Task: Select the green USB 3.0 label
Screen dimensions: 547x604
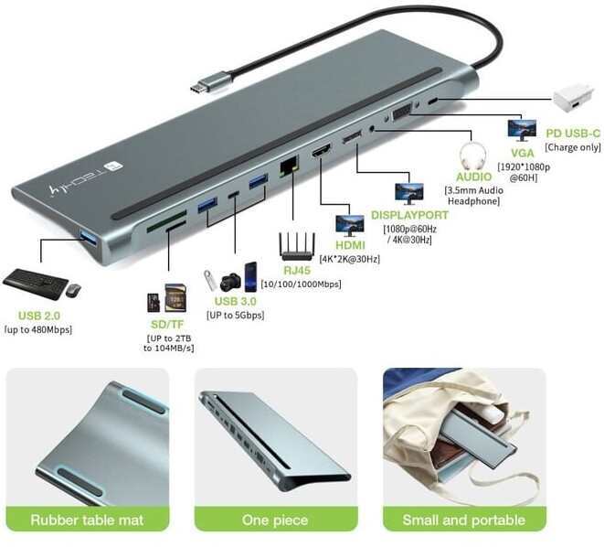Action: (235, 301)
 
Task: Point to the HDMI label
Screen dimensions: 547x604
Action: (350, 245)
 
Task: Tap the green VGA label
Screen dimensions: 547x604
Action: (523, 153)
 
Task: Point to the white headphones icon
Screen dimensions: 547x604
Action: (473, 151)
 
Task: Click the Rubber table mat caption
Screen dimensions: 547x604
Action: (88, 520)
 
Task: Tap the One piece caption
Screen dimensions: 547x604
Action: (275, 520)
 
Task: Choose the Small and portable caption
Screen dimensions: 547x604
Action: (463, 520)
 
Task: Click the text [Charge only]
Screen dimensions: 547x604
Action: (573, 146)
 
